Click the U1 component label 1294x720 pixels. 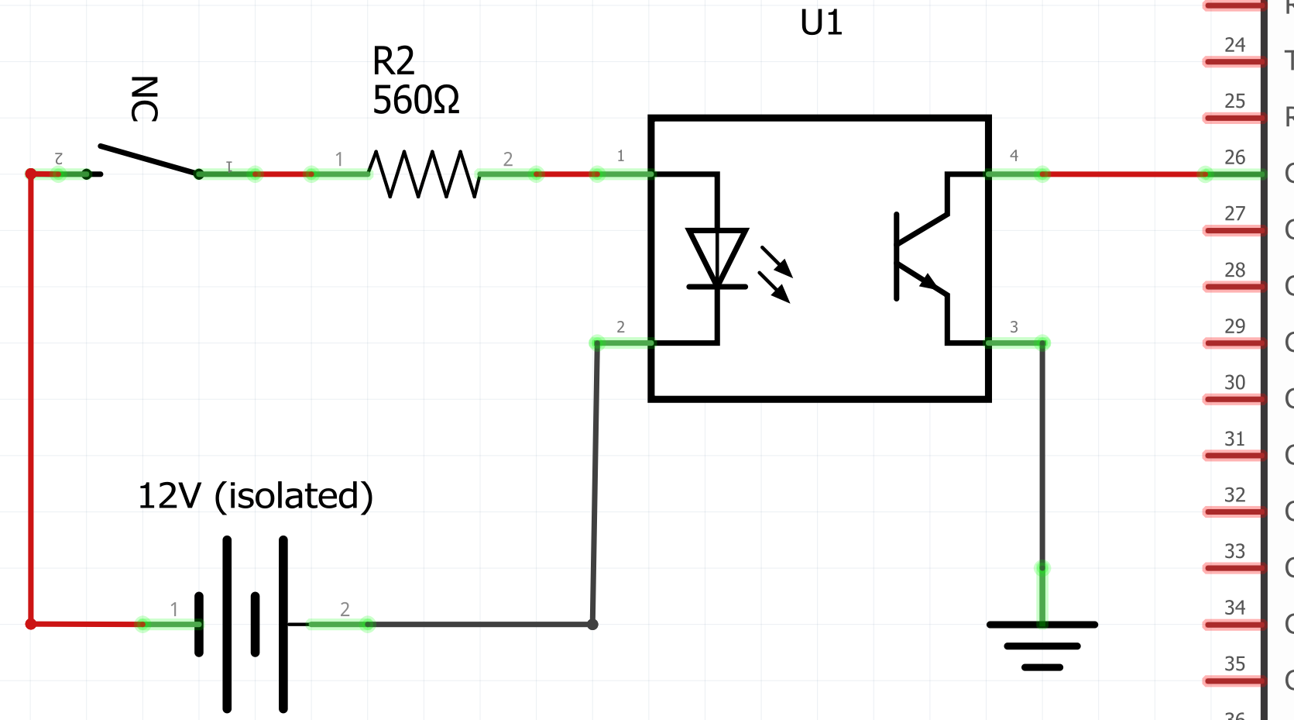[x=821, y=23]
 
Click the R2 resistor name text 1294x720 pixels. [x=393, y=60]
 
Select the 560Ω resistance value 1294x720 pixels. [x=416, y=100]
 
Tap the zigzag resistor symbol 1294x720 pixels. [x=424, y=174]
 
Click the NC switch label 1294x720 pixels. [x=144, y=99]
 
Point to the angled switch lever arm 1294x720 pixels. [x=147, y=160]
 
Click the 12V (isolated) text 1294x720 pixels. [x=255, y=496]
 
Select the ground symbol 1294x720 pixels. [x=1042, y=644]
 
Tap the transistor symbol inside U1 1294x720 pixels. [x=921, y=256]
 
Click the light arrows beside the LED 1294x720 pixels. [x=775, y=274]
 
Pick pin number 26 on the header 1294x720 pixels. [x=1234, y=157]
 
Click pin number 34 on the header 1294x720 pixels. [x=1234, y=608]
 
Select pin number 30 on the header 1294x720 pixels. [x=1234, y=382]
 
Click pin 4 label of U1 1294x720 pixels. [x=1014, y=156]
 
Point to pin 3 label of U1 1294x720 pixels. [x=1014, y=327]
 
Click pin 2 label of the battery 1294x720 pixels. [x=345, y=609]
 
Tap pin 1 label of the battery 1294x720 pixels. [x=174, y=609]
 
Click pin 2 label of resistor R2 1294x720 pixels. [x=508, y=159]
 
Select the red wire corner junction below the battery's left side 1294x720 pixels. [x=31, y=624]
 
